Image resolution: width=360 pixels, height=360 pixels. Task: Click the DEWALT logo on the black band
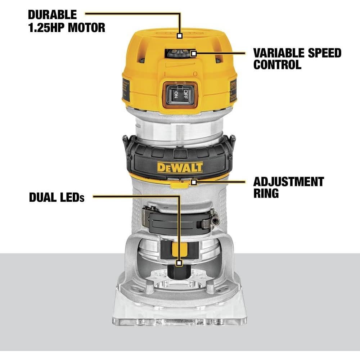[180, 167]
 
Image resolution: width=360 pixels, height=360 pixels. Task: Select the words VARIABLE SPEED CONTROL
[297, 58]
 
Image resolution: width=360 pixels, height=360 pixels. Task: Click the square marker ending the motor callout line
[180, 36]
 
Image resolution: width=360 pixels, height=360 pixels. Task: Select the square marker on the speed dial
[194, 54]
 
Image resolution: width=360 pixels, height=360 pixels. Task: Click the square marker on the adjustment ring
[194, 182]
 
